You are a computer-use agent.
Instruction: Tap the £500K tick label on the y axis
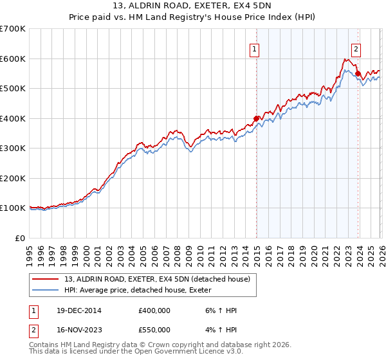coord(13,88)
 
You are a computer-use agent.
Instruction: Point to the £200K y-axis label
coord(13,178)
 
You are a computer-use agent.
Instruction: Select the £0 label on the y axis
coord(19,238)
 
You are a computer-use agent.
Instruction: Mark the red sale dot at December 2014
coord(257,118)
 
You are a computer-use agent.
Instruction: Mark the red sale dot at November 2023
coord(358,73)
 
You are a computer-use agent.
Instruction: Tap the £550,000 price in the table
coord(154,329)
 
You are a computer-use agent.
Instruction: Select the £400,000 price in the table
coord(154,311)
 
